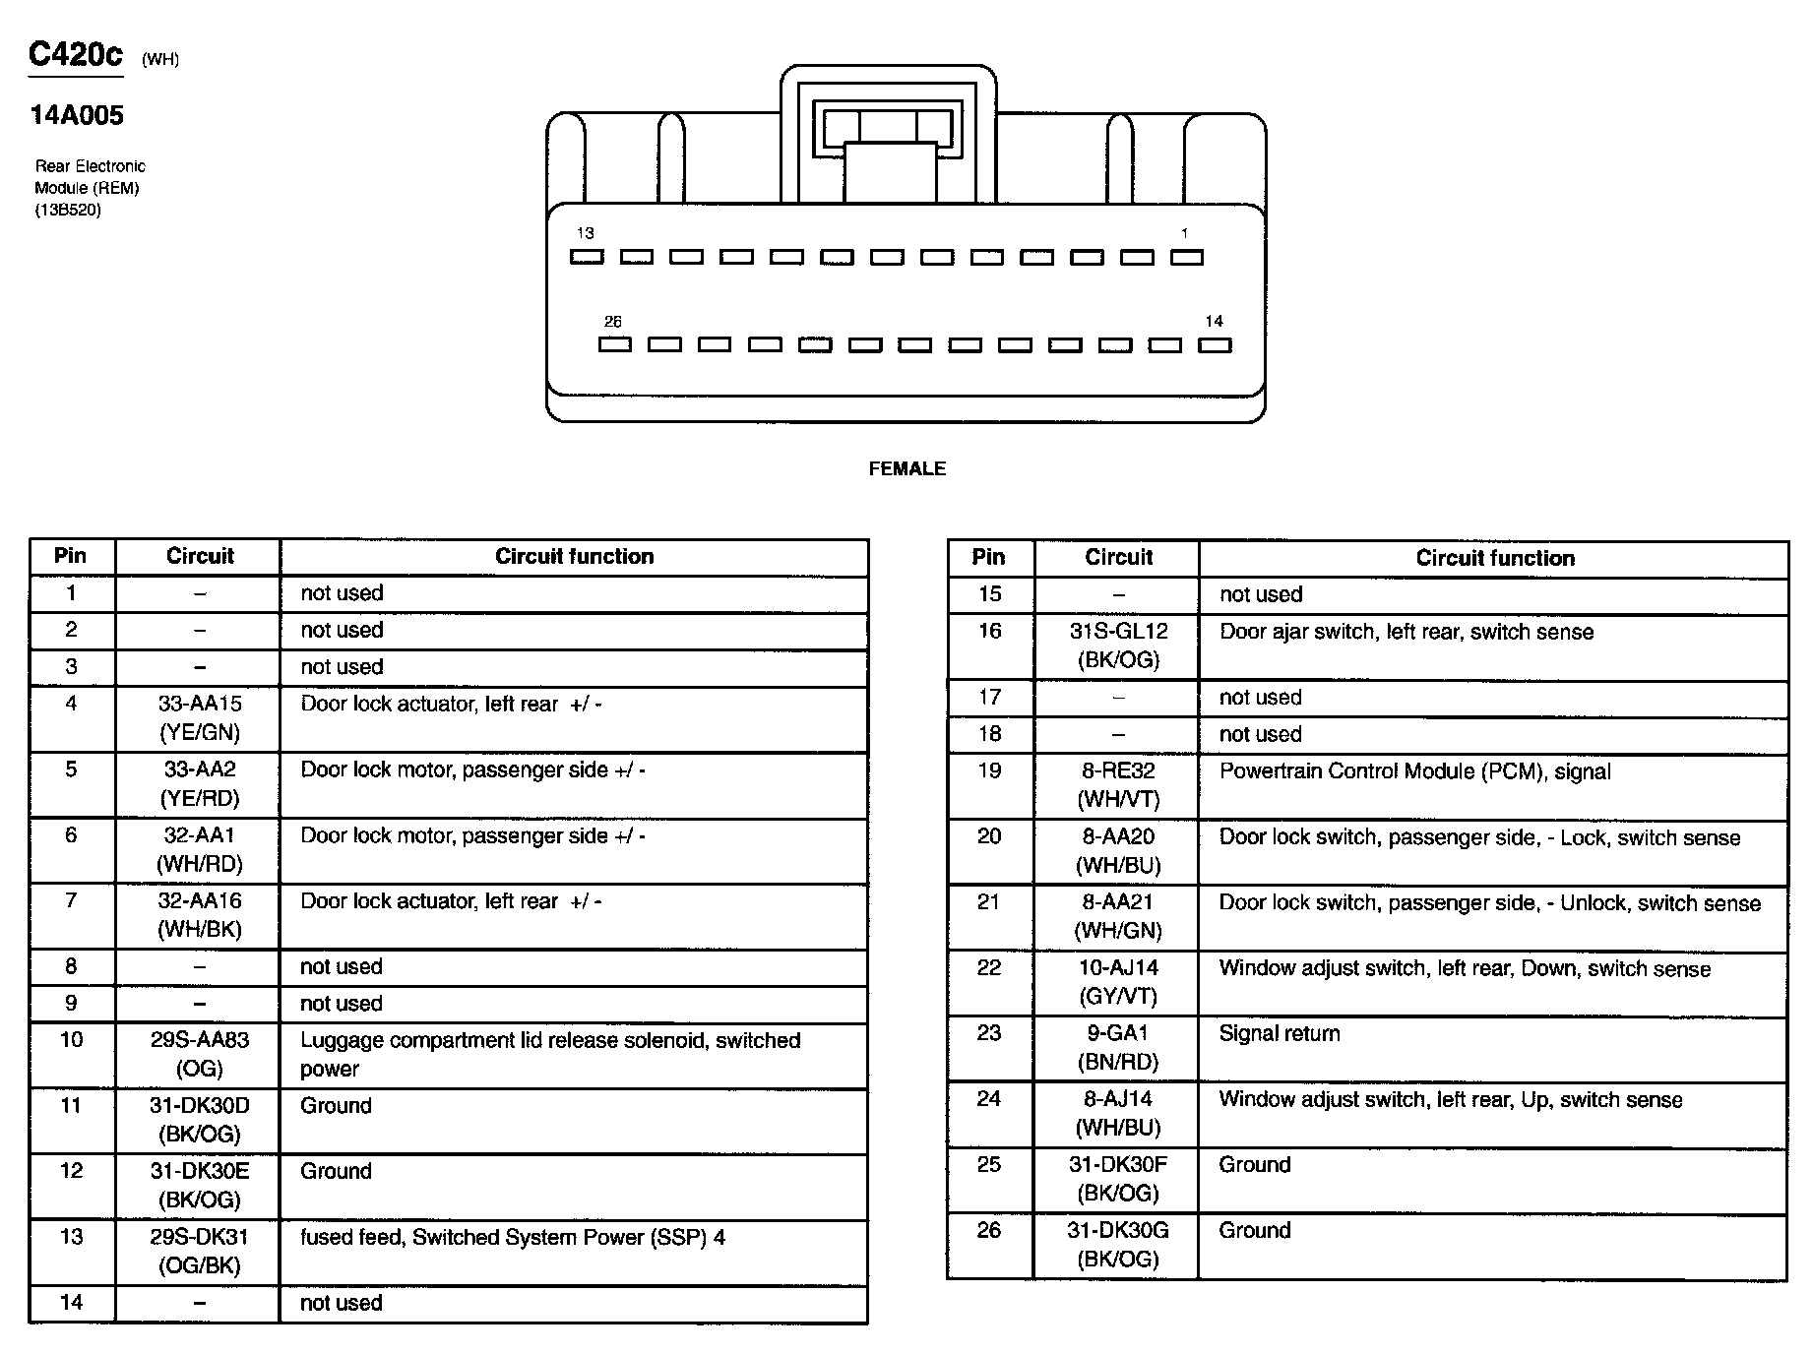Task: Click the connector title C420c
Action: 76,54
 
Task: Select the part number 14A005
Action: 77,116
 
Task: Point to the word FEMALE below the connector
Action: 906,469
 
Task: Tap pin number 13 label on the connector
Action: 586,234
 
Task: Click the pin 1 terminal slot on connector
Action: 1186,257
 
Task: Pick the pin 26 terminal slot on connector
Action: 614,344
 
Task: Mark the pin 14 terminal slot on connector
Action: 1215,344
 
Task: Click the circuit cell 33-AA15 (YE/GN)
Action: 200,718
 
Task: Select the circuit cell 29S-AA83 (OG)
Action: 200,1054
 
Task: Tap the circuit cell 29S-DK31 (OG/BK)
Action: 200,1251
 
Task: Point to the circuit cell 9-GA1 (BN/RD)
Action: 1118,1048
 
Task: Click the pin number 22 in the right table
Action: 989,968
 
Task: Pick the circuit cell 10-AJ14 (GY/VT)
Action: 1118,982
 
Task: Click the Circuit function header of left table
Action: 574,557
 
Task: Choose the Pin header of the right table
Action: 988,558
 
